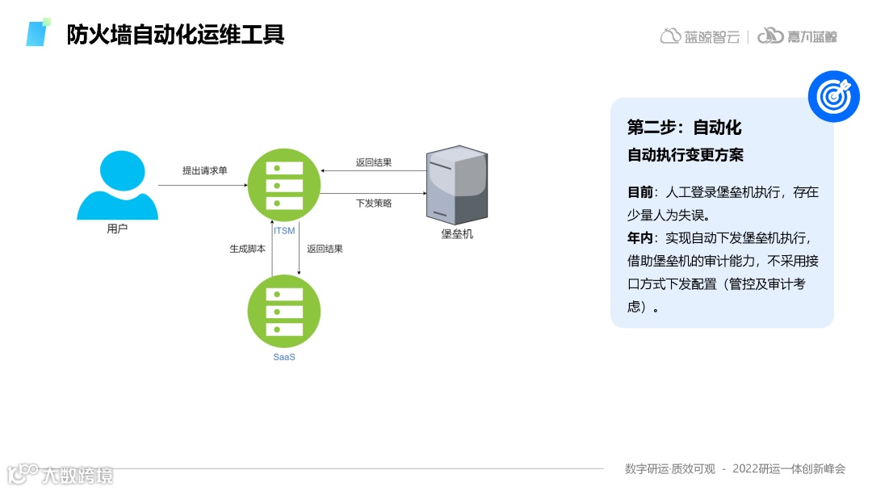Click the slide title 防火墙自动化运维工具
point(175,35)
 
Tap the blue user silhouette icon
point(118,187)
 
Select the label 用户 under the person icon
point(118,229)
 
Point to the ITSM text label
point(284,232)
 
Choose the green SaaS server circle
point(284,311)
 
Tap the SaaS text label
point(284,357)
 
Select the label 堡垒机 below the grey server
point(457,234)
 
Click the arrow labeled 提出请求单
point(202,186)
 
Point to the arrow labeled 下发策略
point(373,194)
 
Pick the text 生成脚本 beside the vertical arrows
point(247,250)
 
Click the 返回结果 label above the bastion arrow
point(374,162)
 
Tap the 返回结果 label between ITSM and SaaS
point(325,250)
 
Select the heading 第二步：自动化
point(685,128)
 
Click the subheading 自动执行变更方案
point(685,155)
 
